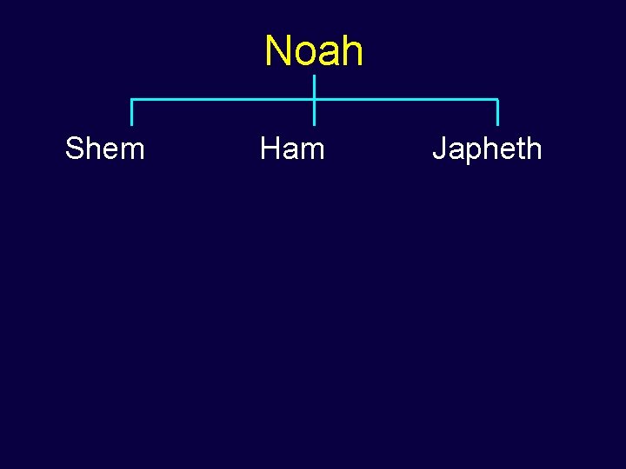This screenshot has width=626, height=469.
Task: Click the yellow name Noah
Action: click(314, 51)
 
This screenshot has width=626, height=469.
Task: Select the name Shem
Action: click(104, 149)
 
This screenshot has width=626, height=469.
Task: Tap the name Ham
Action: click(292, 149)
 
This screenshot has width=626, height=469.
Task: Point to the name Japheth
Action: click(487, 149)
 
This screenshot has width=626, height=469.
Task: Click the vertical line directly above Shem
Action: click(132, 113)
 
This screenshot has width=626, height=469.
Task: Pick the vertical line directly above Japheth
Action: click(497, 113)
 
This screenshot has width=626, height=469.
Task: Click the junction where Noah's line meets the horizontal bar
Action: click(314, 100)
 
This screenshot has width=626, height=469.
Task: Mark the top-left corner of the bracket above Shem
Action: click(132, 100)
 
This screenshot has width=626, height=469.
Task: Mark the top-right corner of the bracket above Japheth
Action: click(497, 100)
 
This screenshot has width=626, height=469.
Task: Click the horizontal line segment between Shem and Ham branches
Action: click(223, 100)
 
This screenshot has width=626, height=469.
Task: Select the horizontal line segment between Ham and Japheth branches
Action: click(405, 100)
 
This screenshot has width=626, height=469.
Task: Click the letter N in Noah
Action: click(279, 51)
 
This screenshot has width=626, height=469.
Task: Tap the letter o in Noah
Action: click(305, 54)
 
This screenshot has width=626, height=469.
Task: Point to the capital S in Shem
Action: click(75, 149)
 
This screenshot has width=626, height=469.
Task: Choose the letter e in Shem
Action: click(112, 151)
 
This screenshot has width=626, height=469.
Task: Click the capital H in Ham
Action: click(270, 149)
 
